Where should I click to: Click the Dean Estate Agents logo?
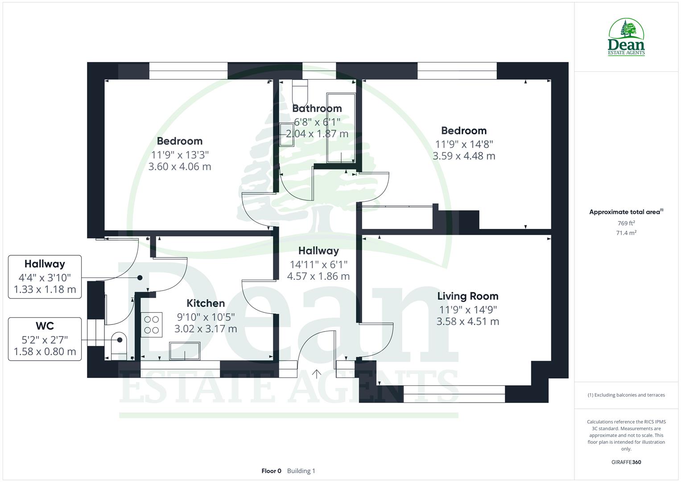tap(626, 37)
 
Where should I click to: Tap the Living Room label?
tap(467, 296)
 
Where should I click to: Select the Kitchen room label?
tap(206, 303)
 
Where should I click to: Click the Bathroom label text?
tap(317, 108)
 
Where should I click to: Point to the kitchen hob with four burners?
tap(152, 325)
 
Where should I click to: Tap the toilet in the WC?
tap(118, 345)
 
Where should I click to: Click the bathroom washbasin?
tap(286, 134)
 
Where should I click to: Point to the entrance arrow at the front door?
tap(317, 374)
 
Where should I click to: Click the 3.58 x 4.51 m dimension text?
tap(467, 321)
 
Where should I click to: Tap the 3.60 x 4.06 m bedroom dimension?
tap(180, 166)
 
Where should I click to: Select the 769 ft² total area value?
tap(626, 223)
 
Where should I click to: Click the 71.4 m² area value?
tap(626, 233)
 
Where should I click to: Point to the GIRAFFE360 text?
tap(626, 462)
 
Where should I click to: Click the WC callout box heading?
tap(45, 326)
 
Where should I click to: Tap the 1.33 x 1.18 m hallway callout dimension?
tap(45, 289)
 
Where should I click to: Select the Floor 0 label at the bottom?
tap(271, 471)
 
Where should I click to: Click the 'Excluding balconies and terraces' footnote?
tap(626, 395)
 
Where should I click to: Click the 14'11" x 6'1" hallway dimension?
tap(318, 264)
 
